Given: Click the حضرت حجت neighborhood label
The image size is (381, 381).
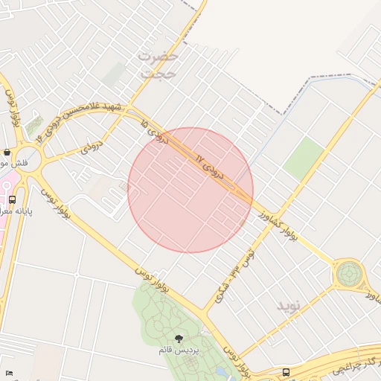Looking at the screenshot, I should tap(159, 65).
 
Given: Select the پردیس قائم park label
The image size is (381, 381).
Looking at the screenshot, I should tap(178, 350).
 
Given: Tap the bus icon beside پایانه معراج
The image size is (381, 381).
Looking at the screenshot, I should tap(12, 199).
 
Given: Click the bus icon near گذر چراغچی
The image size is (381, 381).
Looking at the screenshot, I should tap(286, 371).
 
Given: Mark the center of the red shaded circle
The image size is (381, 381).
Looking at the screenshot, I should tap(190, 190).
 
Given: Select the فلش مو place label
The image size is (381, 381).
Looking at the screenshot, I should tap(14, 162).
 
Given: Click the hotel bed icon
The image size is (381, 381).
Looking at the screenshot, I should tap(9, 372).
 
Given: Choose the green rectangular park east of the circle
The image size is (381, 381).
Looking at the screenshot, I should tap(304, 158).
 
